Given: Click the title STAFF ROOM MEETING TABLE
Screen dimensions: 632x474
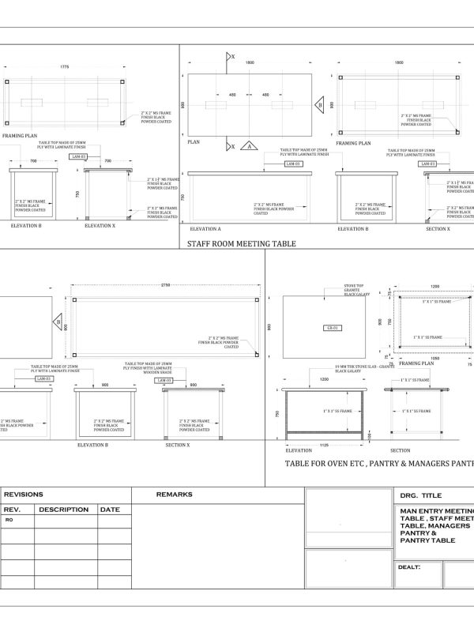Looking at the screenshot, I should coord(241,244).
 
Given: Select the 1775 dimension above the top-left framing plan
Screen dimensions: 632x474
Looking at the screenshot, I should coord(64,68).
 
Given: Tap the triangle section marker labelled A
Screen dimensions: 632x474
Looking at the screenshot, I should coord(247,146).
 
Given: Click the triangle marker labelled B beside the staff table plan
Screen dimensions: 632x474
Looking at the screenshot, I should coord(319,104).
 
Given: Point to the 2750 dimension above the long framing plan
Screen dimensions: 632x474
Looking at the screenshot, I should coord(164,284).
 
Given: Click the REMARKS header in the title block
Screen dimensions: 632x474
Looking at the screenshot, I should coord(174,495).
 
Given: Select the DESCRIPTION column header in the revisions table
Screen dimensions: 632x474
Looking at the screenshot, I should coord(63,510).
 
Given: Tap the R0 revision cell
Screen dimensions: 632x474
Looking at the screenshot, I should coord(9,521).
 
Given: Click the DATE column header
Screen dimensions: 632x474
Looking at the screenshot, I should coord(109,510).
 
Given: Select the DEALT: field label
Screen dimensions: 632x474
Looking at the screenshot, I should coord(409,566).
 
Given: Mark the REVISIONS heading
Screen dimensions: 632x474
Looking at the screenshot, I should coord(24,495).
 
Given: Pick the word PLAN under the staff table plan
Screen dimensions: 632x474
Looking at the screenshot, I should coord(194,144).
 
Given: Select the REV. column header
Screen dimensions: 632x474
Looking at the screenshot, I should coord(13,510).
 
